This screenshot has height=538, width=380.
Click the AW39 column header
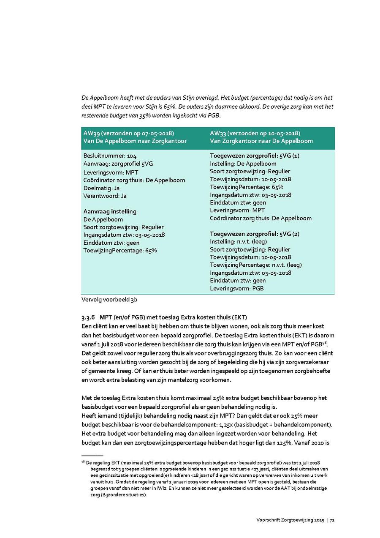point(134,137)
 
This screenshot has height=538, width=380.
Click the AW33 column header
point(261,137)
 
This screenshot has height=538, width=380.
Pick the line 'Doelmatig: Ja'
point(102,188)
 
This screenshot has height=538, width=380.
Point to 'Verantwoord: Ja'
point(105,196)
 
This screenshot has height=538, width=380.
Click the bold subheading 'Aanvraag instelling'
point(110,211)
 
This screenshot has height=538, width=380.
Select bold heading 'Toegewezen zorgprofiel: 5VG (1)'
point(255,156)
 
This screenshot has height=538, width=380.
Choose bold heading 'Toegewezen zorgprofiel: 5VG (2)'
point(255,234)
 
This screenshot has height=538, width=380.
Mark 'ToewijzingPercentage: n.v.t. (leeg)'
point(256,265)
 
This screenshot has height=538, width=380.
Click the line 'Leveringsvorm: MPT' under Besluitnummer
point(111,172)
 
